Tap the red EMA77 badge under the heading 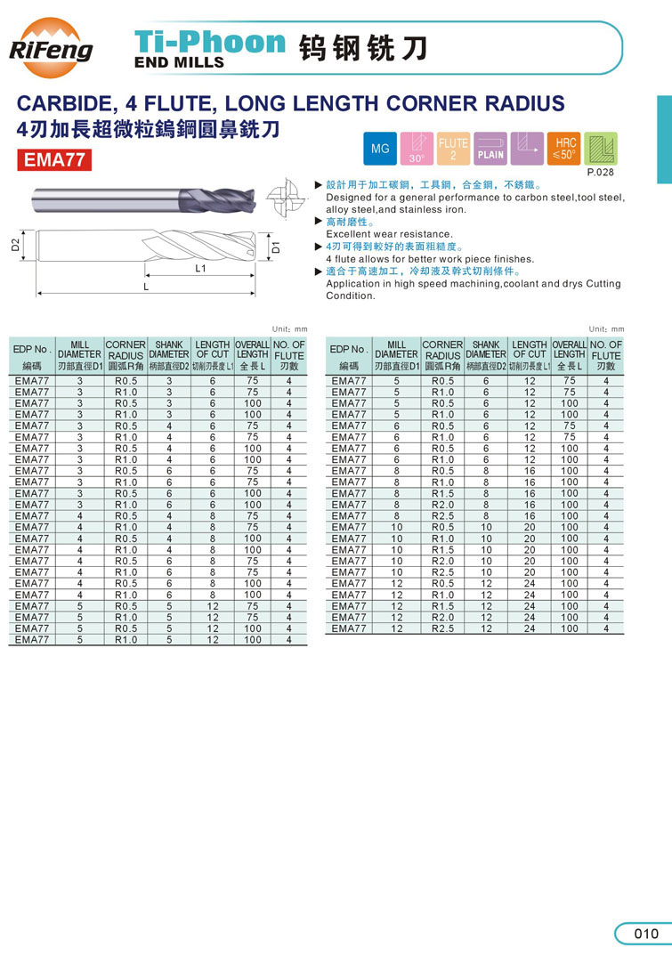pyautogui.click(x=55, y=162)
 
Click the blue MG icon pyautogui.click(x=380, y=149)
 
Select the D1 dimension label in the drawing pyautogui.click(x=276, y=247)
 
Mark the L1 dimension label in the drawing pyautogui.click(x=200, y=267)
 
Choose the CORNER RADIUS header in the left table pyautogui.click(x=125, y=350)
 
